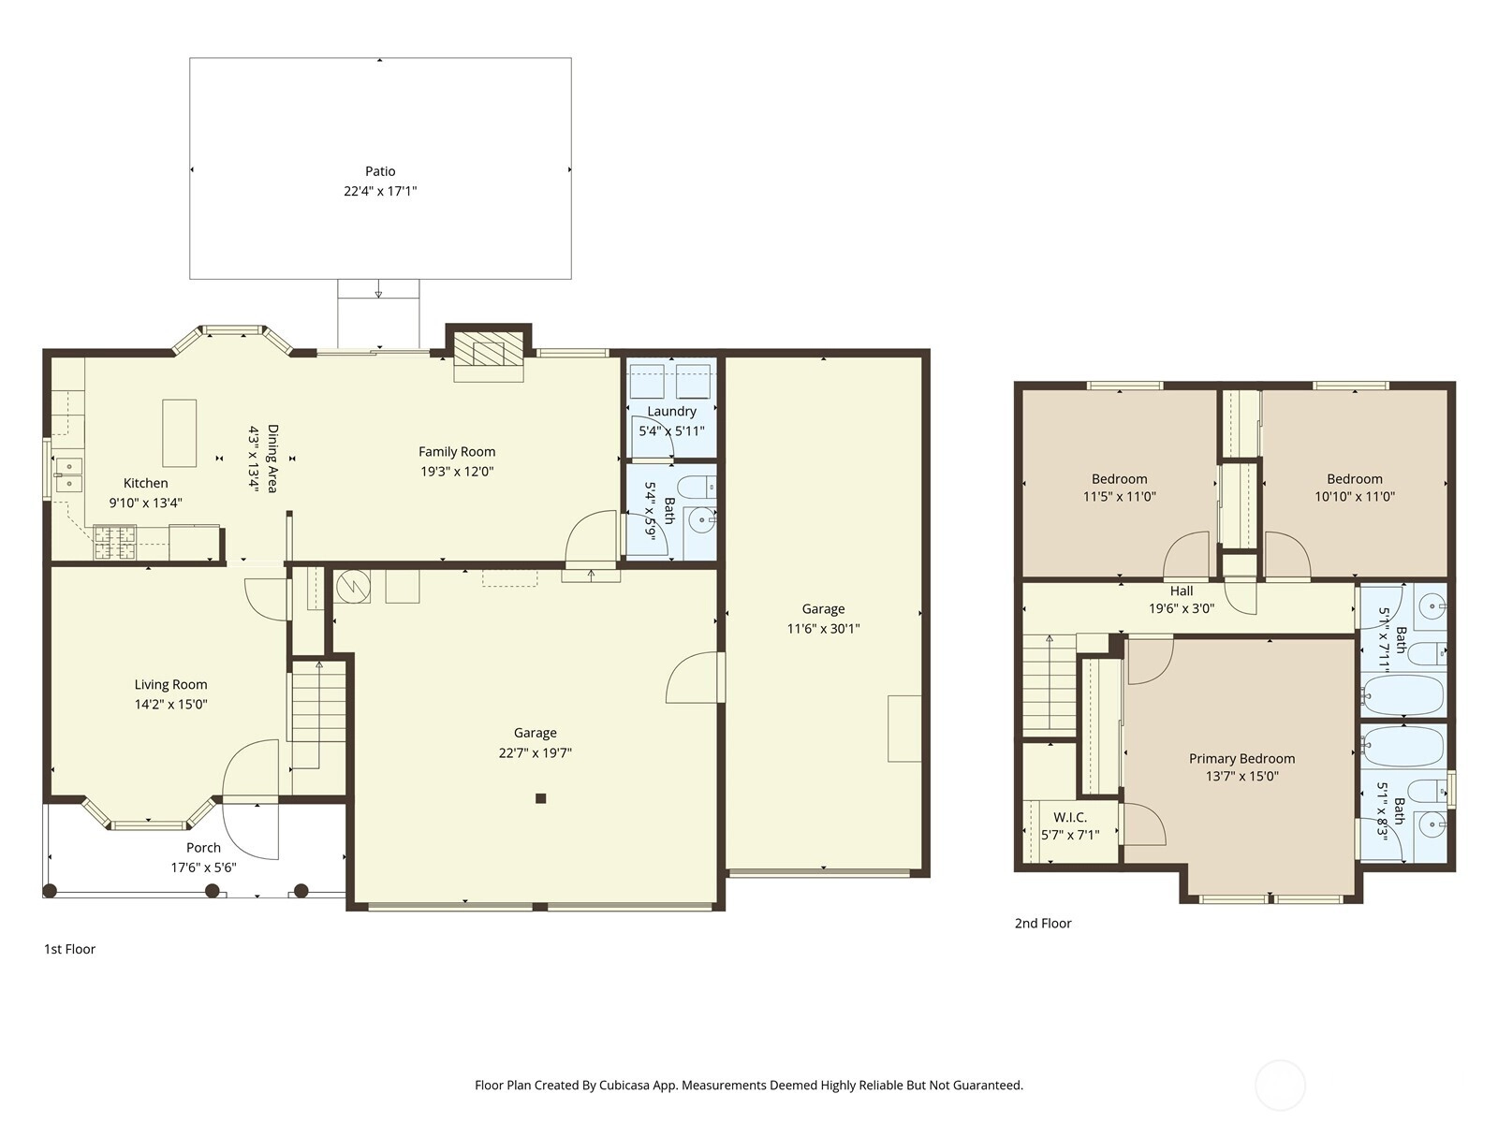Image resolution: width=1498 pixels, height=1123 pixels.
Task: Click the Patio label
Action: [380, 171]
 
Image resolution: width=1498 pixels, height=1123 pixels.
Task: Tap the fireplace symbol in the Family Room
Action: [489, 356]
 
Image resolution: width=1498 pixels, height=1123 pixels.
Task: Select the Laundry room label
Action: [671, 411]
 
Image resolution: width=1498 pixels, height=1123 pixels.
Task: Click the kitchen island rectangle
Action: [180, 433]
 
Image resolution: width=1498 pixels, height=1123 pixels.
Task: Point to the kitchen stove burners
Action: [114, 542]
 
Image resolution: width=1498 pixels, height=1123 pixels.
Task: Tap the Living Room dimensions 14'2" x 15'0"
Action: [170, 705]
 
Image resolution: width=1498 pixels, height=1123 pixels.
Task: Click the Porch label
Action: [203, 848]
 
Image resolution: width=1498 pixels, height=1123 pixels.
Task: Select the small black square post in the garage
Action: [540, 798]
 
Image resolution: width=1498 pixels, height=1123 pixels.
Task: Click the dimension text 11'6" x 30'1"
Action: [823, 629]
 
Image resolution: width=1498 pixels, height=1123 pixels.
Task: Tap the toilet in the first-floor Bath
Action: [698, 487]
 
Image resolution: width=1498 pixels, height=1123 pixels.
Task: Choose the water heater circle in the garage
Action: [354, 586]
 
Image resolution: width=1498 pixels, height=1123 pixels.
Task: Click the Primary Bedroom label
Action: [1242, 758]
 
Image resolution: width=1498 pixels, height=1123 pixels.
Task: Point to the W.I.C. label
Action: [1070, 817]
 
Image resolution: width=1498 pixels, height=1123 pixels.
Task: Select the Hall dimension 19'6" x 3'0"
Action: [1182, 608]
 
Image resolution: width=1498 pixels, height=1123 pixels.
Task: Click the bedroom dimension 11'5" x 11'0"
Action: [1119, 496]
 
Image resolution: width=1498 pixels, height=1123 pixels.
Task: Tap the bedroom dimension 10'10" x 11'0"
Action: [1355, 496]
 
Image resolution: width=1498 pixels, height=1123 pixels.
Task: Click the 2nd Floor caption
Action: [1043, 924]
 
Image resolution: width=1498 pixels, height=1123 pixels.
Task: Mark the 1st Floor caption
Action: [69, 949]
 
